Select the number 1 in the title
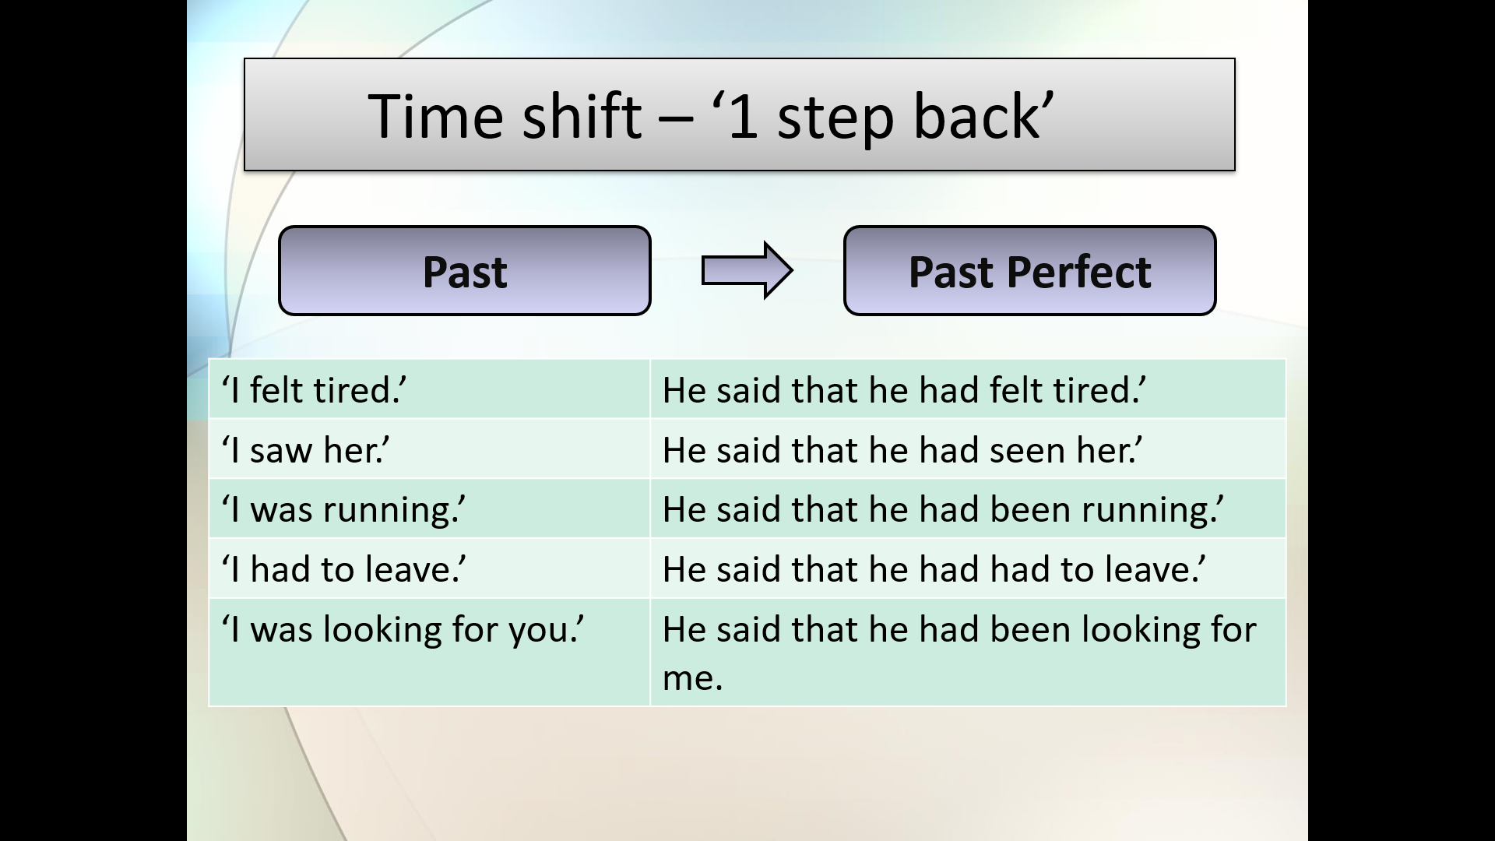coord(744,116)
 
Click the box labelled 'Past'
coord(465,271)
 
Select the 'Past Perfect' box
coord(1029,271)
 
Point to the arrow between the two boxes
coord(747,271)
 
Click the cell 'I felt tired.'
coord(429,389)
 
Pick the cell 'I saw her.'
coord(429,449)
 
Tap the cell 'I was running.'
coord(429,509)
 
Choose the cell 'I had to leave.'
coord(429,568)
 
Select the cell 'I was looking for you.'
coord(429,653)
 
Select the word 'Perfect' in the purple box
coord(1078,272)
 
